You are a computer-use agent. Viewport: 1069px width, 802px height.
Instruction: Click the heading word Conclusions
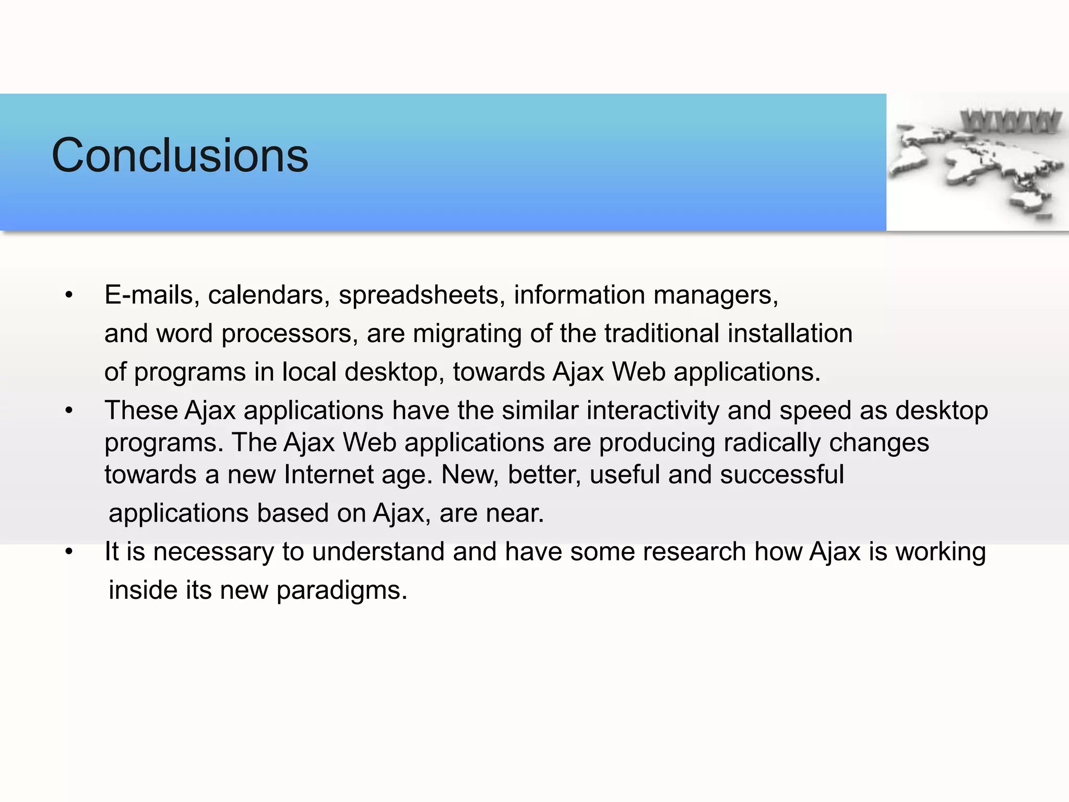pyautogui.click(x=180, y=155)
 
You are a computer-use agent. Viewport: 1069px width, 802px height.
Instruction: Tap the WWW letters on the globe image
pyautogui.click(x=1011, y=121)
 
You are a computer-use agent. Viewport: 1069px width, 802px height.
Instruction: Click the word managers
pyautogui.click(x=716, y=295)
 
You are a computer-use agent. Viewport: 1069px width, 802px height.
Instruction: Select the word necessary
pyautogui.click(x=213, y=552)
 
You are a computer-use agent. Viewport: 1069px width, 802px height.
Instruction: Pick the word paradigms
pyautogui.click(x=341, y=591)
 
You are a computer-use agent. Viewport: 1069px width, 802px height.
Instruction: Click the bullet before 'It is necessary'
pyautogui.click(x=69, y=552)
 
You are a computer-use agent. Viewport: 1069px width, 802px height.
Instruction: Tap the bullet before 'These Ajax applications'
pyautogui.click(x=69, y=411)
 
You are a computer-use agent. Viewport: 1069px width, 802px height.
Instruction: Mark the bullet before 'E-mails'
pyautogui.click(x=69, y=296)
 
